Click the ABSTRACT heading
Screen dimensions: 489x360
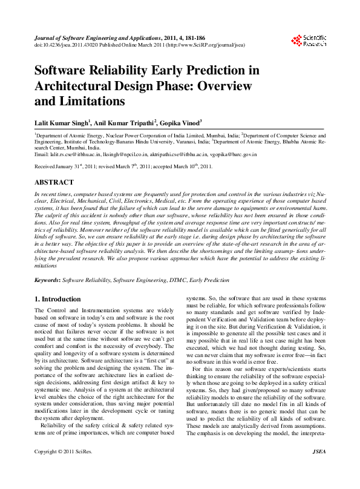coord(54,182)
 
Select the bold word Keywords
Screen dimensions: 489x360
coord(47,281)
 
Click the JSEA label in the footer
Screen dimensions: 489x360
coord(318,468)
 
